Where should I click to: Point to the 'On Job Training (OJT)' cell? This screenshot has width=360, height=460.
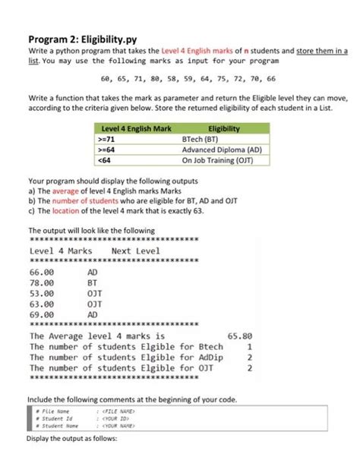click(216, 159)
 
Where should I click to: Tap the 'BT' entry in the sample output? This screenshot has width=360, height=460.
click(93, 282)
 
